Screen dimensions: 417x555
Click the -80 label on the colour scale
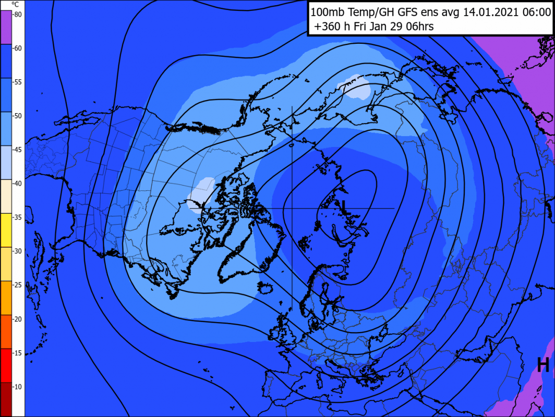(17, 15)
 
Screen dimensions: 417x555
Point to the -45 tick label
(17, 150)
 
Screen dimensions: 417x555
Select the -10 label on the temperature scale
(17, 386)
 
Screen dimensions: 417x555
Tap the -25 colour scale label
(17, 285)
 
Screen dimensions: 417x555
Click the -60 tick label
(17, 48)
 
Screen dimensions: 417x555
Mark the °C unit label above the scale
(16, 5)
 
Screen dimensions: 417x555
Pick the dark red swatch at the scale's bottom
(5, 399)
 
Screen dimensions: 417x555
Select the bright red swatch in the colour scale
(5, 365)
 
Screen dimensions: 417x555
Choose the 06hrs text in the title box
(417, 26)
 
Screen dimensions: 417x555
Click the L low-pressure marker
(343, 205)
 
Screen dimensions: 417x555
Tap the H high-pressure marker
(543, 364)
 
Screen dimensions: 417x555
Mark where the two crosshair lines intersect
(292, 208)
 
